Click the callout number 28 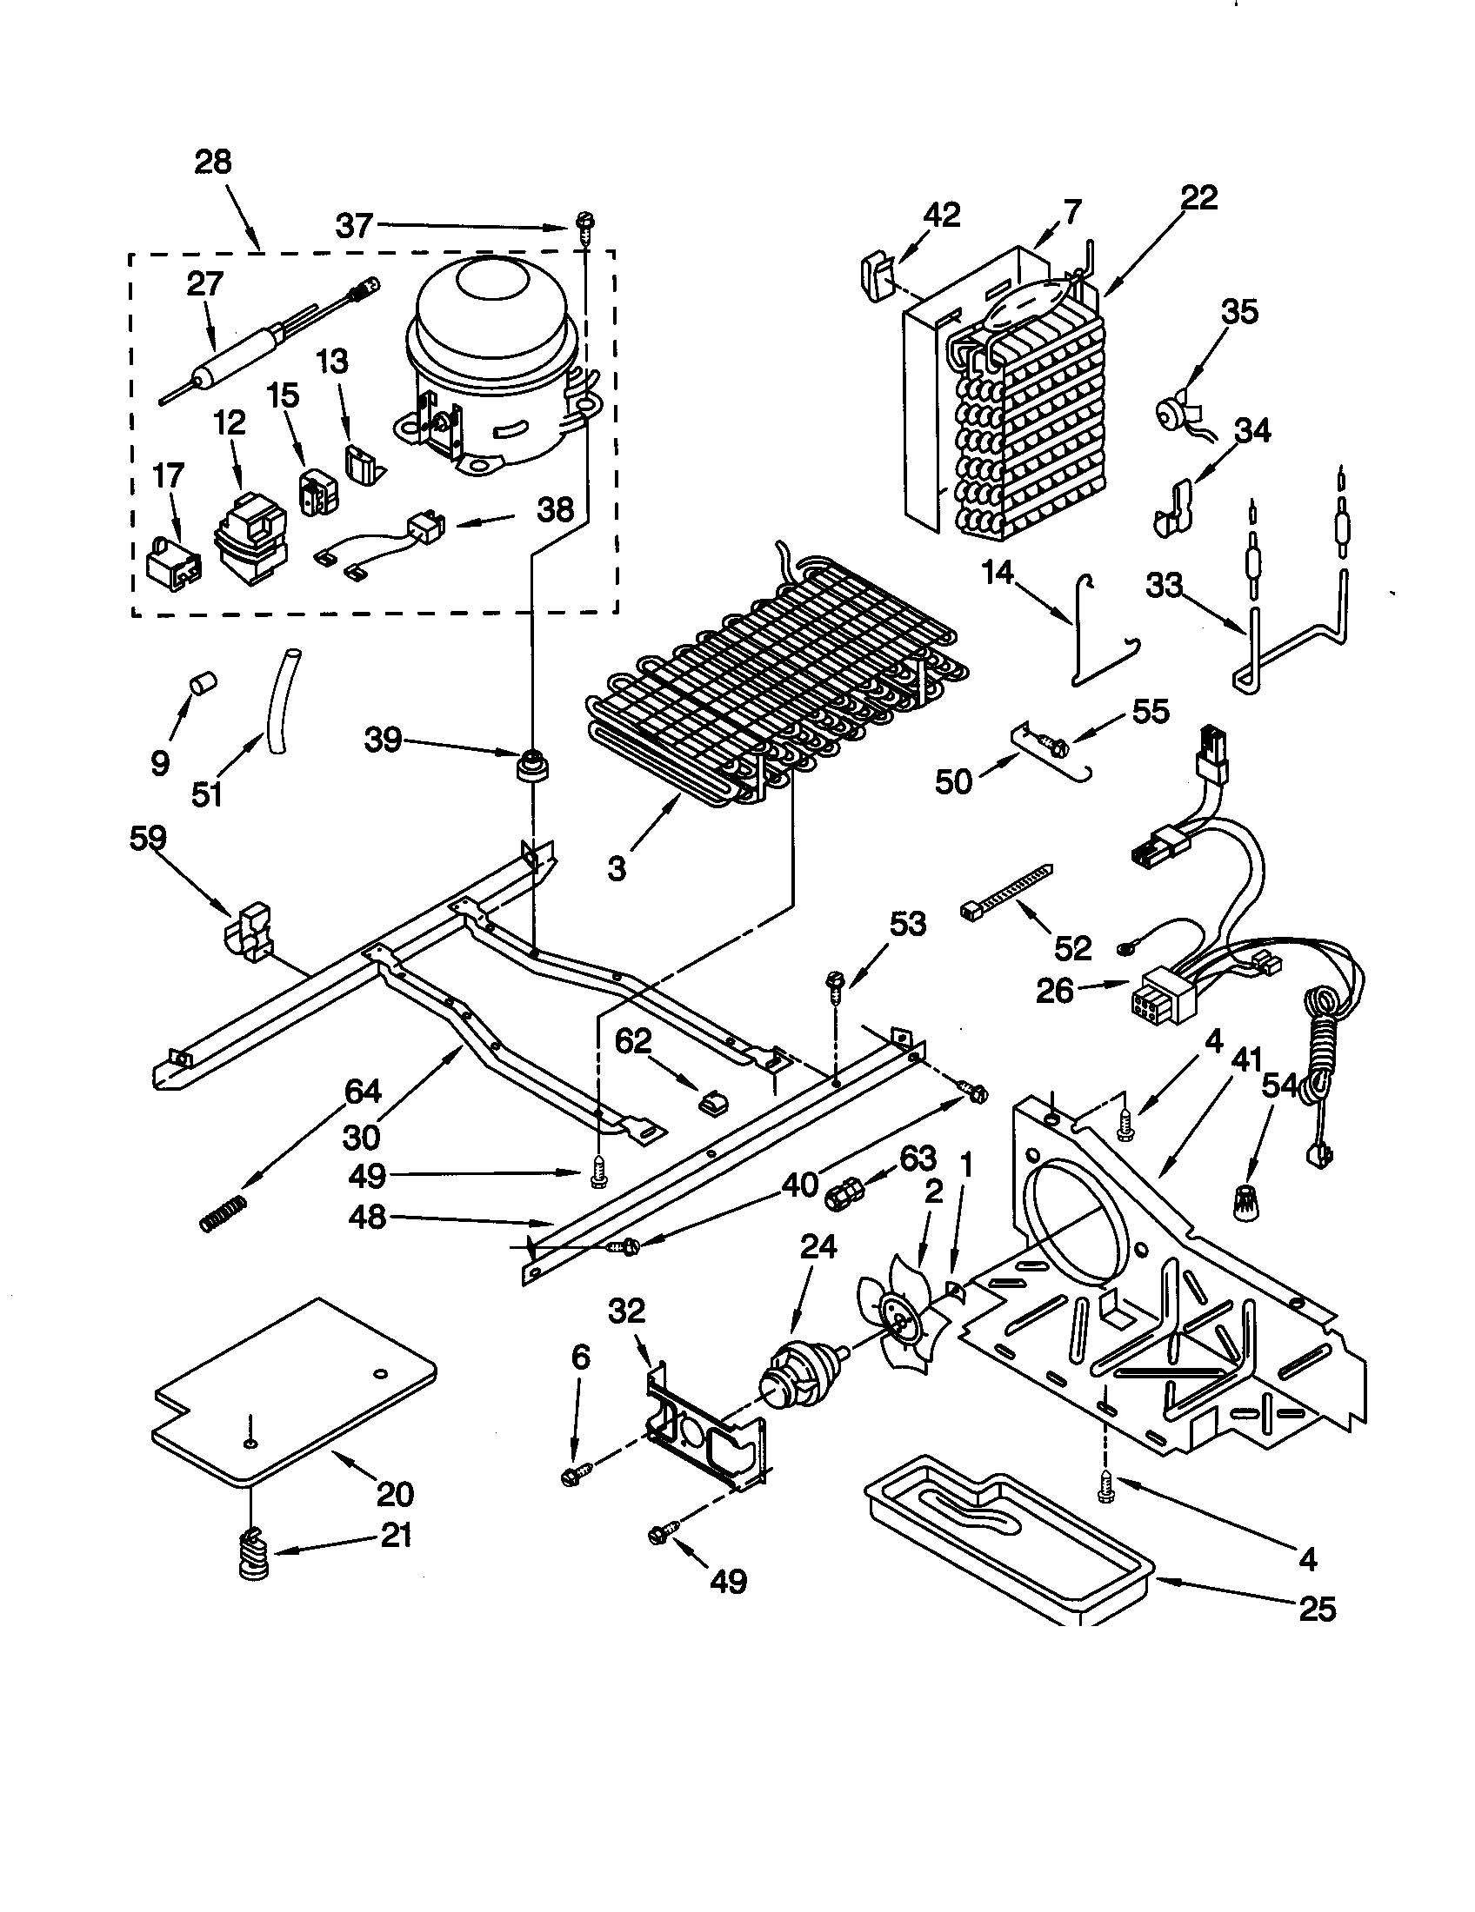point(213,162)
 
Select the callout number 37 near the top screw point(355,226)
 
